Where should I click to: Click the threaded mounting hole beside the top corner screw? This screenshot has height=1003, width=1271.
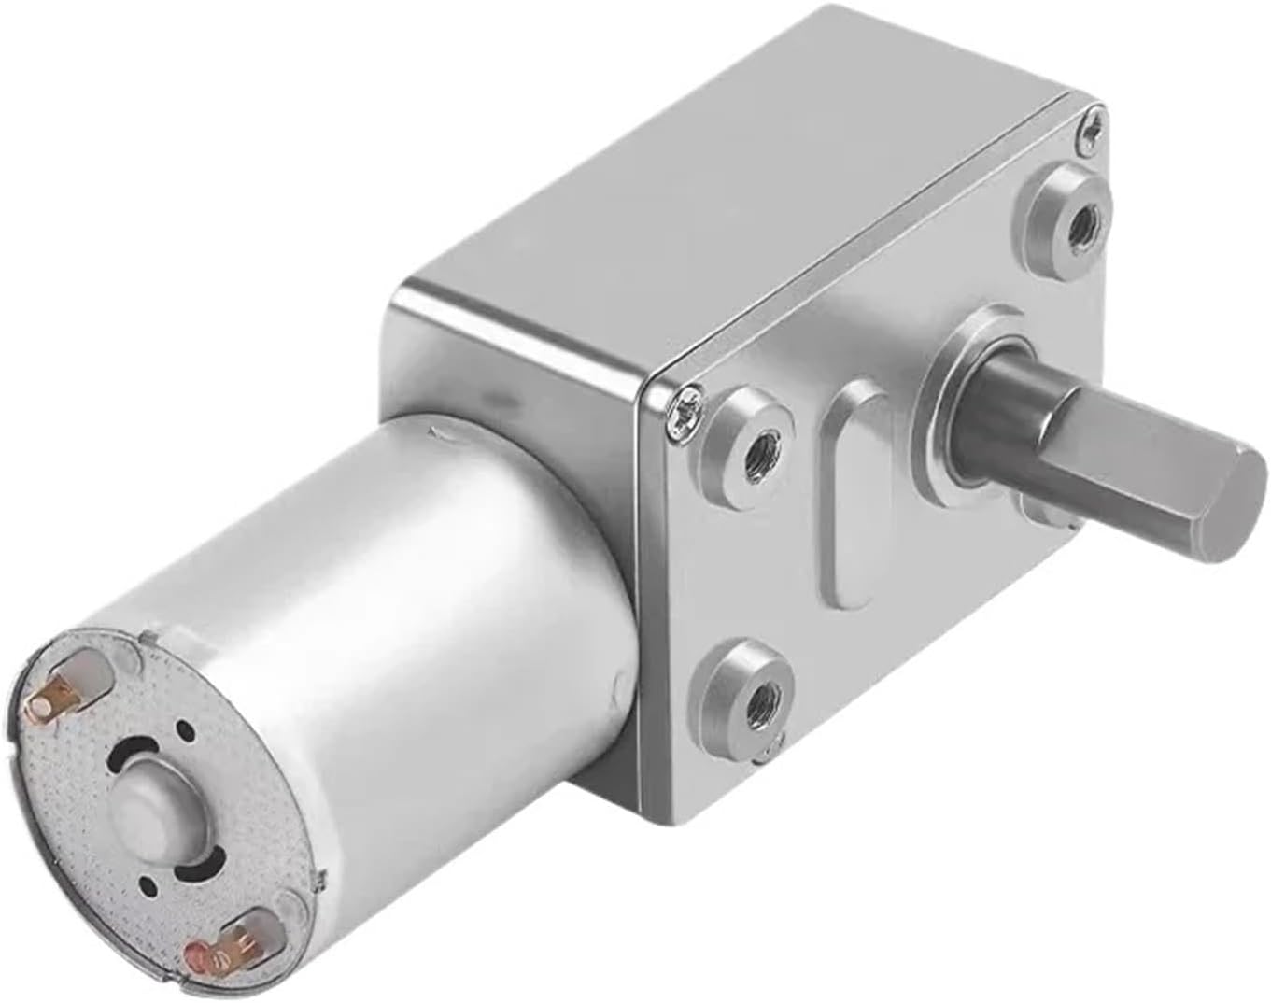pyautogui.click(x=1083, y=223)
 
